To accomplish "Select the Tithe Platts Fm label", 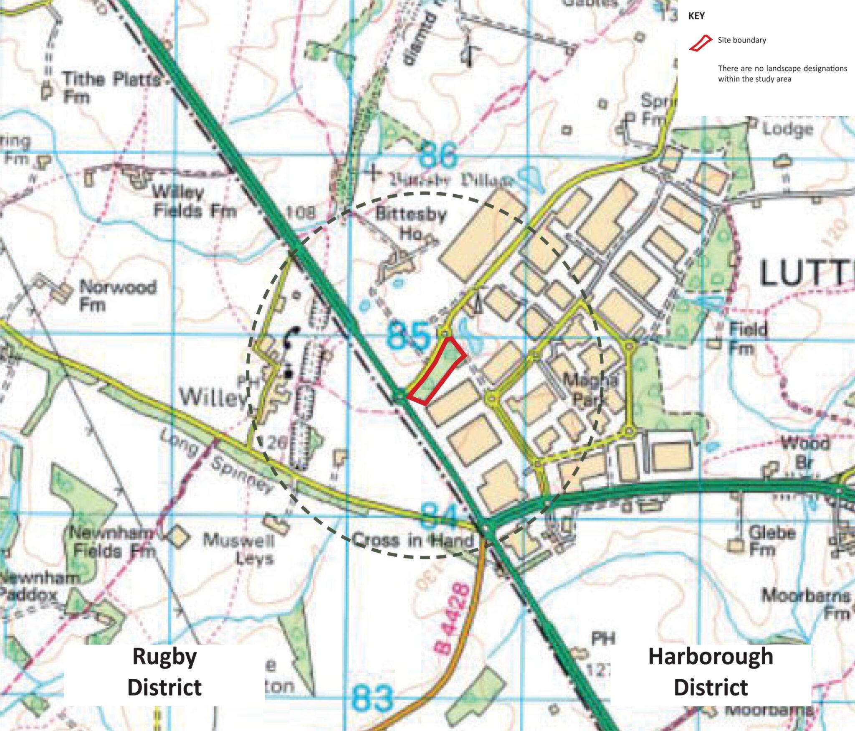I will point(110,88).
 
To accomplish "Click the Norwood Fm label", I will point(118,295).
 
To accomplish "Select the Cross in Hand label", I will point(414,541).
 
